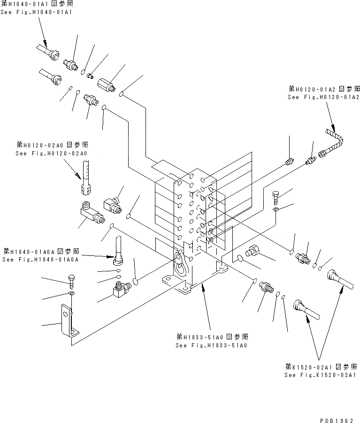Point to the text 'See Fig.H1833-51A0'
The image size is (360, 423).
(211, 345)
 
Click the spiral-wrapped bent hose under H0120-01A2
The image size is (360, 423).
(336, 140)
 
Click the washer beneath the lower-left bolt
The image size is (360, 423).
(70, 293)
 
